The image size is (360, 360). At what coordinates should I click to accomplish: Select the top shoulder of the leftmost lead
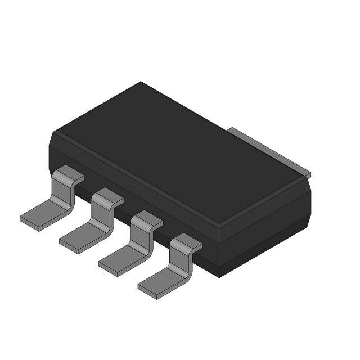[x=70, y=174]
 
